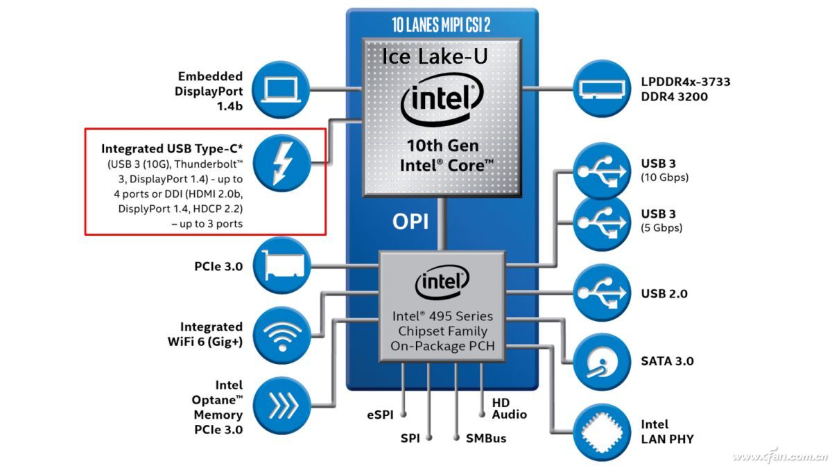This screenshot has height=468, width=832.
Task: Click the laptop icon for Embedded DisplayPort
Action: (280, 88)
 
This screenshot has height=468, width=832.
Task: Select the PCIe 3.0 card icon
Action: (280, 266)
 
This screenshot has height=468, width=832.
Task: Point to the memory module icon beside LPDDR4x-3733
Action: (601, 88)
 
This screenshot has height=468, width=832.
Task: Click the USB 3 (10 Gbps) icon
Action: (601, 170)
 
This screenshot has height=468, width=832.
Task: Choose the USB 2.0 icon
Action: (601, 293)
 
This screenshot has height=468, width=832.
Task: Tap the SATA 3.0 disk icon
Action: (601, 361)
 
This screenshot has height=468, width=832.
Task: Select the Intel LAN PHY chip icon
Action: (601, 431)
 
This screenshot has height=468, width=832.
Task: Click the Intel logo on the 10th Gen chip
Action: (442, 102)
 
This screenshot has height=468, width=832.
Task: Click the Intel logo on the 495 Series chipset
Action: (442, 283)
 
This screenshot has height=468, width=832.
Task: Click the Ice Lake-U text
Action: (435, 56)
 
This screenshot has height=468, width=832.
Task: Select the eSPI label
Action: (380, 415)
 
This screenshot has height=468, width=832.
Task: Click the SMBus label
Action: (485, 438)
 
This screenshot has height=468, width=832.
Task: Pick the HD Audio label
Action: (509, 408)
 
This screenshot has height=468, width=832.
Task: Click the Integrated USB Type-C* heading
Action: (172, 148)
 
